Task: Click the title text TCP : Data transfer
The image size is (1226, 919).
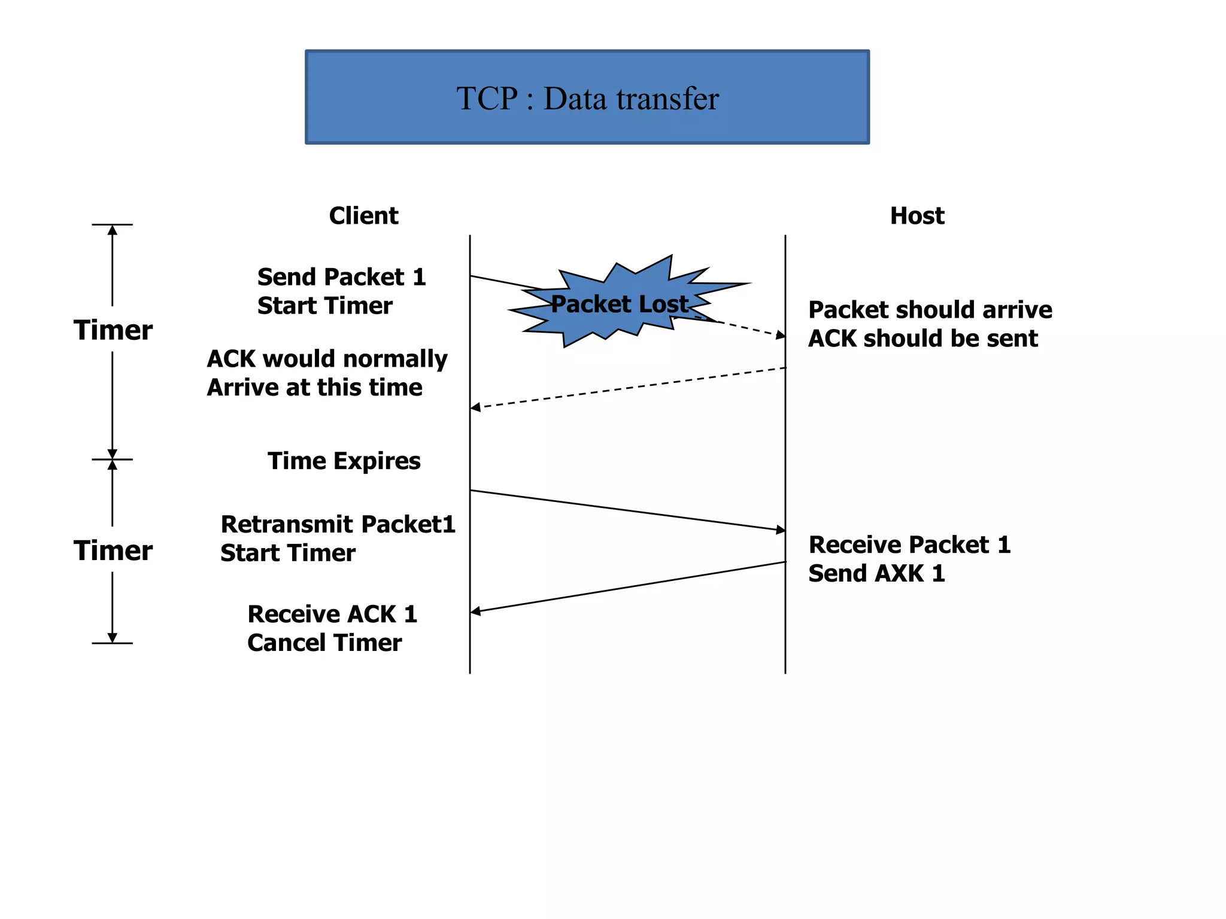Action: pos(587,99)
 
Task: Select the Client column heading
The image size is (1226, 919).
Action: pos(363,216)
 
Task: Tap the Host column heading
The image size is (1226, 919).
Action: pos(917,216)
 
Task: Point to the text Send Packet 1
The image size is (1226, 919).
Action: pos(341,277)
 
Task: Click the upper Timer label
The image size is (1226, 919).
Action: pos(113,330)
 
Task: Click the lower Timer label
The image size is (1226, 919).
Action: pos(113,550)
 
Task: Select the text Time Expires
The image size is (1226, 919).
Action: pos(344,461)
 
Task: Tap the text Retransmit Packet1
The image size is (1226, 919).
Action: pos(338,524)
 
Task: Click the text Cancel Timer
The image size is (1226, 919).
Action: pos(324,643)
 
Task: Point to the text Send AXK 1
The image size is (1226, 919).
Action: pos(876,574)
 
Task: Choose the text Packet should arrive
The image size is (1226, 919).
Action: pos(930,310)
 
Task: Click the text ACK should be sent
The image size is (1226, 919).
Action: pos(922,339)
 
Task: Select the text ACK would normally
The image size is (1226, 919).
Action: pos(327,359)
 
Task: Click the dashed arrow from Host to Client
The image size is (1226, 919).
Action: pos(629,388)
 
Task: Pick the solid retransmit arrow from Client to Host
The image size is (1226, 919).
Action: pos(629,510)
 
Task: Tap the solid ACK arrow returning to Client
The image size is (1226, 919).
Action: pos(629,586)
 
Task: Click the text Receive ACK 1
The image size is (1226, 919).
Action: pos(332,614)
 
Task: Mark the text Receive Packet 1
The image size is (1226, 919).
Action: pos(909,545)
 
